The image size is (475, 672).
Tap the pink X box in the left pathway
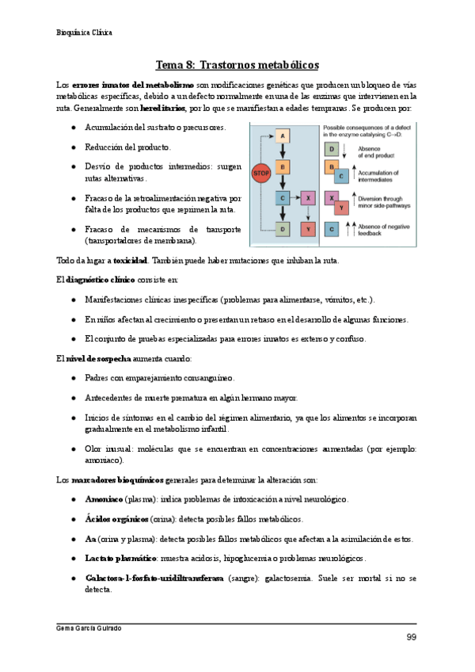(309, 197)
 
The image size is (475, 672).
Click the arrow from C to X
(295, 197)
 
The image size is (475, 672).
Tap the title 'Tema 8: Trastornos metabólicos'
(237, 64)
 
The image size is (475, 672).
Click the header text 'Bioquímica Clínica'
(85, 32)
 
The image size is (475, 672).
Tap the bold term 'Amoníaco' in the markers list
(104, 499)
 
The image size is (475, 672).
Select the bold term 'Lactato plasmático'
(121, 558)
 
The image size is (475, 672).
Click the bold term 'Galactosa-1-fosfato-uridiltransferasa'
(154, 578)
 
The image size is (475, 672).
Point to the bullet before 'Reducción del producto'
(74, 147)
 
